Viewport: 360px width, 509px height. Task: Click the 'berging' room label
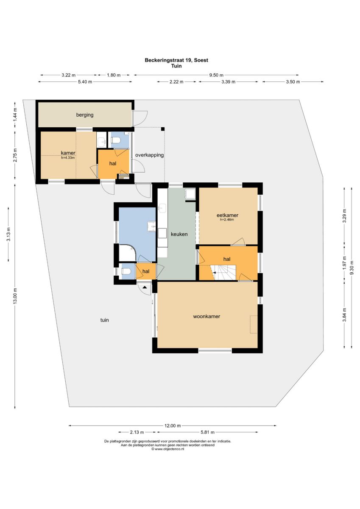tap(85, 115)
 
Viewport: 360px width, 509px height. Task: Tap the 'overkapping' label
tap(149, 155)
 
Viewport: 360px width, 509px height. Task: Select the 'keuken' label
tap(179, 234)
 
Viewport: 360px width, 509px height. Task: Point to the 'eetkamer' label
tap(227, 215)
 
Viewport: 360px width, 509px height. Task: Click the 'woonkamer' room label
tap(207, 316)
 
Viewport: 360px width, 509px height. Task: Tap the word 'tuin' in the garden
tap(104, 320)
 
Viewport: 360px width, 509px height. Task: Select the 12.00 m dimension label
tap(173, 425)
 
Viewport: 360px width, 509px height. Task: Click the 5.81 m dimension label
tap(207, 432)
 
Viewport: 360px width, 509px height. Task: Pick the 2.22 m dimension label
tap(176, 82)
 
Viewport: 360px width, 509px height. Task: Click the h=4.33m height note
tap(68, 157)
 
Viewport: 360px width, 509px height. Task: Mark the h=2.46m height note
tap(227, 220)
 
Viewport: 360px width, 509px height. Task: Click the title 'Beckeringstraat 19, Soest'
tap(176, 60)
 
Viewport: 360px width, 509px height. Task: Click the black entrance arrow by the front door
tap(145, 287)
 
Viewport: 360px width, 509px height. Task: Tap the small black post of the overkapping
tap(163, 129)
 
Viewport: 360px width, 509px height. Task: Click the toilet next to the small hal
tap(126, 271)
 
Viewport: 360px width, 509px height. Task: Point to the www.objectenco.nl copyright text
tap(167, 449)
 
